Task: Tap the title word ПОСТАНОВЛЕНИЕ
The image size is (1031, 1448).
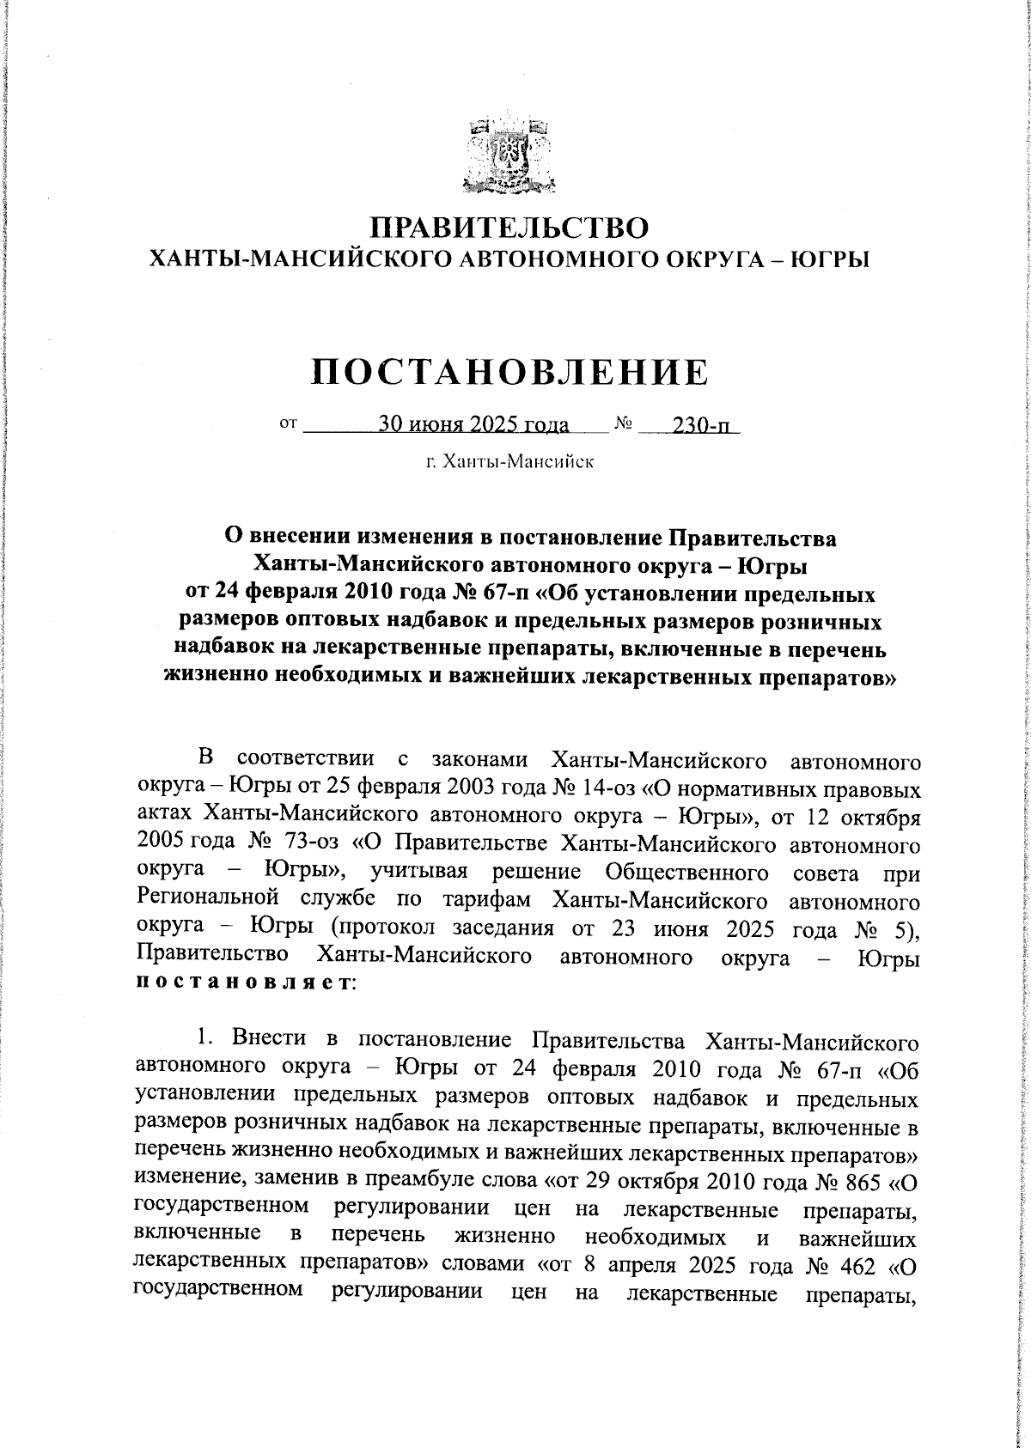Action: click(x=510, y=372)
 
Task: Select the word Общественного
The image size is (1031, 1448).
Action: click(x=686, y=873)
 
